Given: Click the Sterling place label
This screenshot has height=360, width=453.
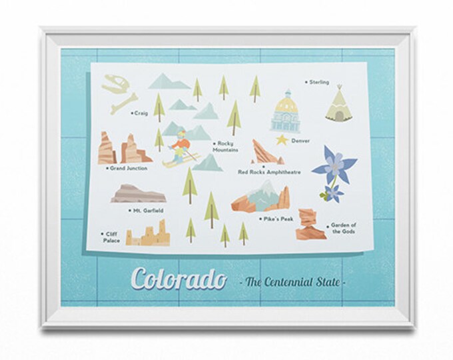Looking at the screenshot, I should tap(319, 83).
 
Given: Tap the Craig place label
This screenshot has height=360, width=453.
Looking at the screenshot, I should tap(141, 113).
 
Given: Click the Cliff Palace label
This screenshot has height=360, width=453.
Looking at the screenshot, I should tap(111, 237).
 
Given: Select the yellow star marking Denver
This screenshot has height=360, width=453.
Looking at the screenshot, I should tap(282, 140).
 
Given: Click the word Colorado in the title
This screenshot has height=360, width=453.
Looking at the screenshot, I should tap(178, 279).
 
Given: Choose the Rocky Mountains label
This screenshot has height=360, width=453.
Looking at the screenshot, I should tap(228, 147).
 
